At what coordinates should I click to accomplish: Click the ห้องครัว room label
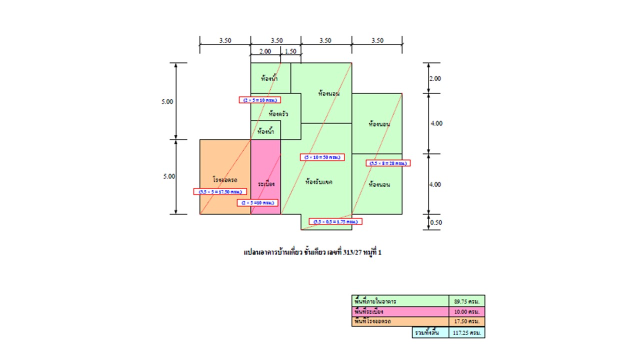click(278, 114)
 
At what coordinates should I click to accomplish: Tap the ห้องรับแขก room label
click(318, 182)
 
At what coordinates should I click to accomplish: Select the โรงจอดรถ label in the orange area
click(224, 179)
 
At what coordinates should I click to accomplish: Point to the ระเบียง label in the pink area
click(266, 184)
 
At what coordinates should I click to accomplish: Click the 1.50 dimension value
click(290, 51)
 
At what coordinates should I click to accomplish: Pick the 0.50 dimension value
click(436, 223)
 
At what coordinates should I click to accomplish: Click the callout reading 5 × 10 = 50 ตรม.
click(322, 157)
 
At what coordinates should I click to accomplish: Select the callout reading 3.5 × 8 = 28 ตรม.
click(388, 163)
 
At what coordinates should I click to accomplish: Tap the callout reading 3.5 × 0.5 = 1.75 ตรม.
click(335, 221)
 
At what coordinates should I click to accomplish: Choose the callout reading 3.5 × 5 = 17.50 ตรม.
click(220, 191)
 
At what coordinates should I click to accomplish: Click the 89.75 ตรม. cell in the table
click(466, 301)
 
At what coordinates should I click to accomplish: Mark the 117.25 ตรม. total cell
click(466, 332)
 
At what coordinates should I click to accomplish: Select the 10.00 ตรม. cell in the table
click(466, 311)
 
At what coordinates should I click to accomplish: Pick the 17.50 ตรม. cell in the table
click(466, 321)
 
